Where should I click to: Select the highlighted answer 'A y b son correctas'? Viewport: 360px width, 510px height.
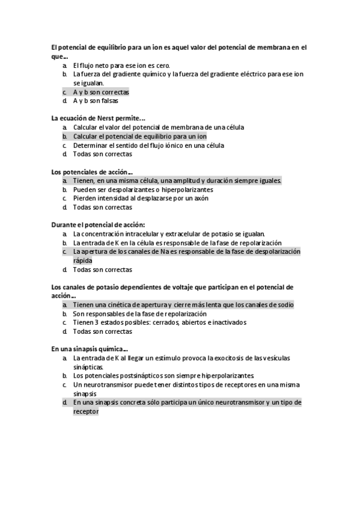click(101, 93)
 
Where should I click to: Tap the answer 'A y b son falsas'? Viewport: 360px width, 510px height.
click(96, 101)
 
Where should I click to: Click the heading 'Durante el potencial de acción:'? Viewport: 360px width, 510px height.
click(98, 225)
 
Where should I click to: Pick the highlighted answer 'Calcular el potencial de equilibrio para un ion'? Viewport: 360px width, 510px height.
click(139, 137)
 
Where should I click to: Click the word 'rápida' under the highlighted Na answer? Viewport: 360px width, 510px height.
click(83, 261)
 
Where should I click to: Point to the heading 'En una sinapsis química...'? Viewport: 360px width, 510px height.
click(89, 349)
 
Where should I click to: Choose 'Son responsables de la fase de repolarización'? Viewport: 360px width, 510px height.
click(140, 314)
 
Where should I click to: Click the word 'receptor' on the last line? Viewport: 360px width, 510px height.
click(86, 412)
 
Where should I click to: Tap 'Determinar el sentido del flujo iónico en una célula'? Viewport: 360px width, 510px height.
click(148, 145)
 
